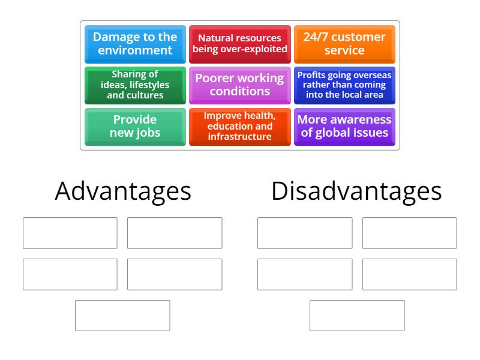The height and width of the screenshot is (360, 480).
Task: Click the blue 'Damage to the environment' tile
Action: (135, 44)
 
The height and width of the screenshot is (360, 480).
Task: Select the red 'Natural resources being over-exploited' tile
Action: (239, 44)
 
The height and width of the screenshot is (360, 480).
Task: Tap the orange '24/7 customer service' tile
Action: (344, 44)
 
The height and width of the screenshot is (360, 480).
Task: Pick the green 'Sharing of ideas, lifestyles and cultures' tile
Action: (135, 85)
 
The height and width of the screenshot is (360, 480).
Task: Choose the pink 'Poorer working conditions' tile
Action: (239, 85)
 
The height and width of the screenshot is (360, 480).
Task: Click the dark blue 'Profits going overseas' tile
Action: (344, 85)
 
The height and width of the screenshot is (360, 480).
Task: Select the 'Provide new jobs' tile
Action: (135, 127)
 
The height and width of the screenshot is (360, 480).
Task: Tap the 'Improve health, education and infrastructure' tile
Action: (239, 127)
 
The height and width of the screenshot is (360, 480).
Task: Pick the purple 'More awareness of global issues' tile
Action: (344, 127)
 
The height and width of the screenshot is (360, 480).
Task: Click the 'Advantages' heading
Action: (123, 191)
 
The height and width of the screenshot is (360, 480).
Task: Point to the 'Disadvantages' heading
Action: (356, 191)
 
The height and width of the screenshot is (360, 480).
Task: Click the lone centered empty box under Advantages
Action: (122, 316)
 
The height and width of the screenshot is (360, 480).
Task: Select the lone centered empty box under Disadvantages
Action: (357, 316)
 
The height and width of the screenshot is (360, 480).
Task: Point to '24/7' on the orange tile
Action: (316, 37)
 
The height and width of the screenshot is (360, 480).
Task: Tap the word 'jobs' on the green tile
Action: (148, 133)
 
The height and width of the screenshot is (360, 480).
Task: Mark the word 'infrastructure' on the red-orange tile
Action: (239, 137)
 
